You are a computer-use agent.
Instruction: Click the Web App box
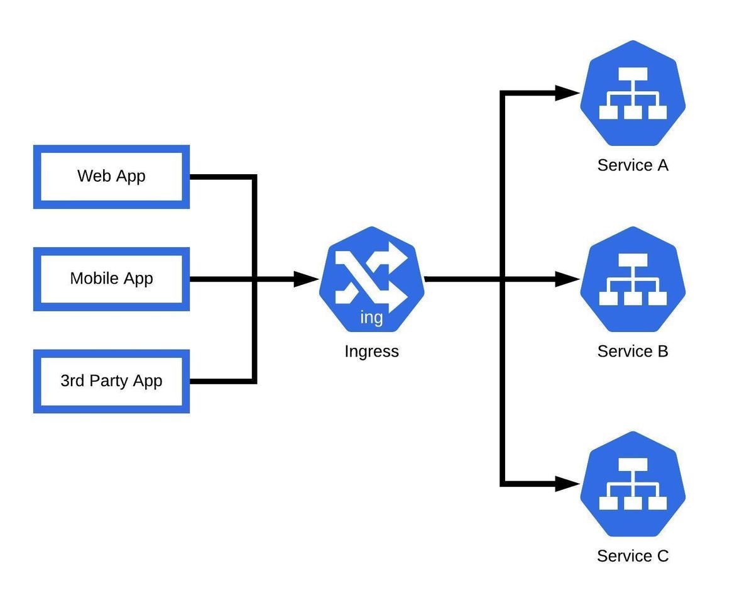click(x=111, y=177)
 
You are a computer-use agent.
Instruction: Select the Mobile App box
click(x=111, y=279)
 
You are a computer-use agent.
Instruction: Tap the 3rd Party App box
click(x=111, y=381)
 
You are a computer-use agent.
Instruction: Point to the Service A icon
click(x=633, y=93)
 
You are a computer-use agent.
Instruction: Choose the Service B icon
click(x=633, y=279)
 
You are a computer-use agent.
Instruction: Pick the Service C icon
click(x=633, y=484)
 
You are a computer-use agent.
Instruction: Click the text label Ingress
click(x=371, y=352)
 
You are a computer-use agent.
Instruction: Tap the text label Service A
click(x=633, y=165)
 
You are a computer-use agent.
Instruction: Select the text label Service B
click(x=633, y=352)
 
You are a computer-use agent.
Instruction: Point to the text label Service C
click(x=633, y=556)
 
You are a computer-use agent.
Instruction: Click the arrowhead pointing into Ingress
click(x=307, y=279)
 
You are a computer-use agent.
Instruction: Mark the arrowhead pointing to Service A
click(x=567, y=93)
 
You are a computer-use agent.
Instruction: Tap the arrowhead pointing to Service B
click(x=567, y=279)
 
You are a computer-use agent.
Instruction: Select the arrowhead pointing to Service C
click(x=567, y=484)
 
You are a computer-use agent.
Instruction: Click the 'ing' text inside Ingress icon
click(x=371, y=318)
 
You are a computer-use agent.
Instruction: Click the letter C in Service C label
click(x=662, y=556)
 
